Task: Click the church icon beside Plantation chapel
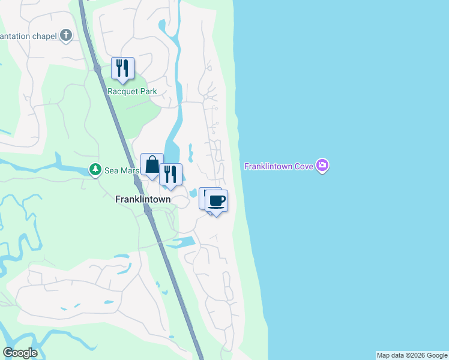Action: (66, 36)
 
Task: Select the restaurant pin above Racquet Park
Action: (122, 68)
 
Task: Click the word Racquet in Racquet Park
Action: (122, 92)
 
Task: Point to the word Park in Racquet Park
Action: (148, 92)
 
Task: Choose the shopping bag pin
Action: (152, 164)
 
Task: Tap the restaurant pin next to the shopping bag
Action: (170, 175)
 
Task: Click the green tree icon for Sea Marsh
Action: (95, 170)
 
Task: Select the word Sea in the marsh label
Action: (112, 170)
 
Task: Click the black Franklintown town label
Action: (143, 199)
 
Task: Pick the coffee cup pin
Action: (217, 201)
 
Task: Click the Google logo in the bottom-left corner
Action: (20, 353)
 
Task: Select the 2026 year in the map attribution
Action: (413, 356)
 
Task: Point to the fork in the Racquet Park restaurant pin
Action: (119, 66)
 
